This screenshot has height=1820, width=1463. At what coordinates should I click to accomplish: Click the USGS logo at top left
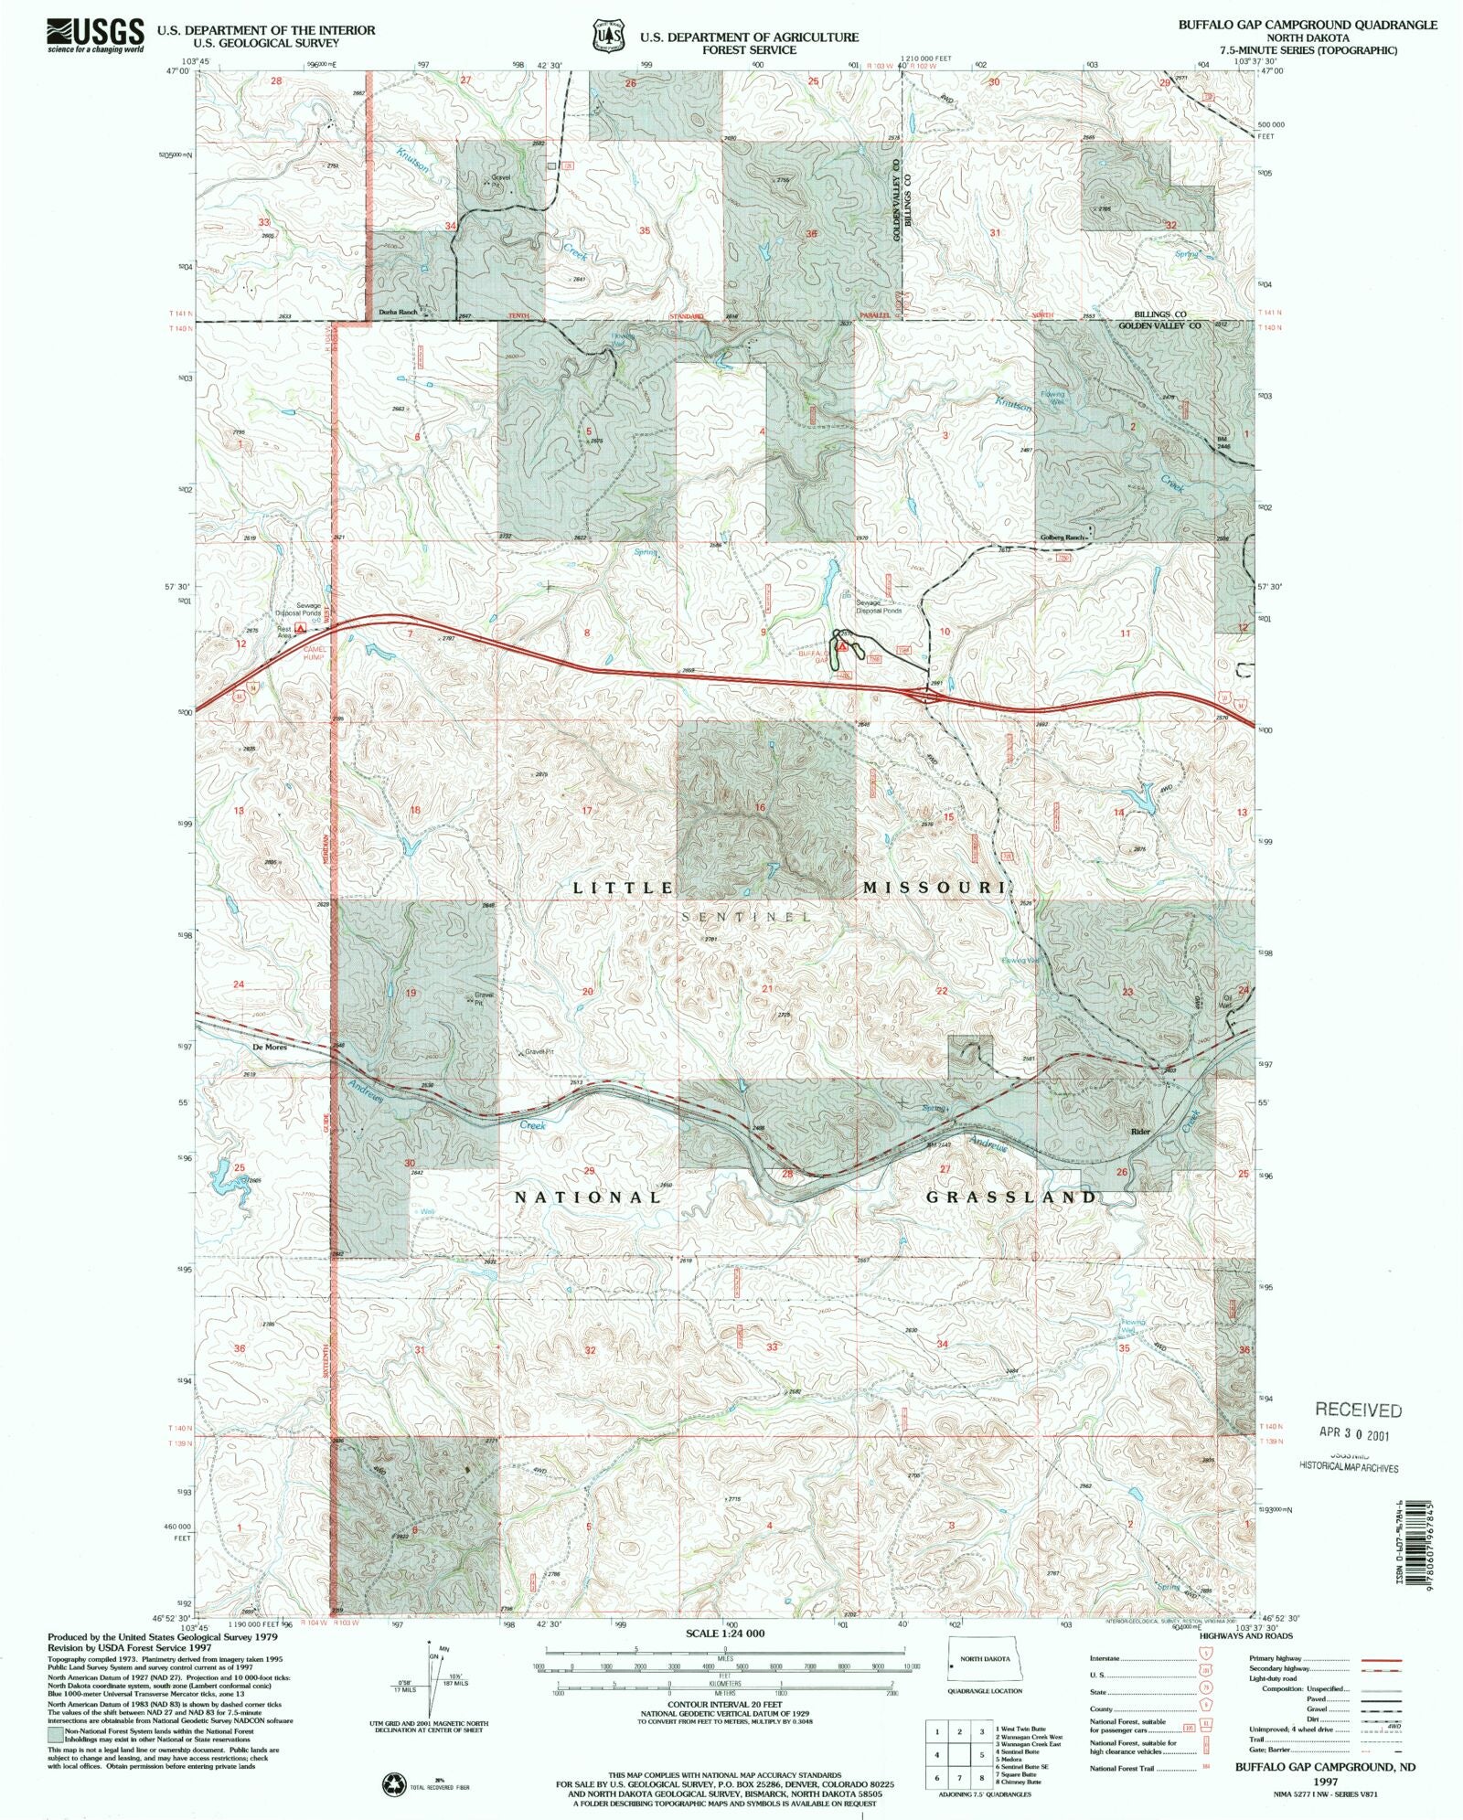pos(95,35)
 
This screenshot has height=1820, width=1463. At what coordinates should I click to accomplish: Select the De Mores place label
pos(270,1048)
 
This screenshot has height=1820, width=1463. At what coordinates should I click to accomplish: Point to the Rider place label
pos(1139,1132)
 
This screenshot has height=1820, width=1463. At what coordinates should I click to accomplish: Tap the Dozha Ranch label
pos(398,313)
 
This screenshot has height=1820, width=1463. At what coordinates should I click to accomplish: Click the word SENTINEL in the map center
pos(746,916)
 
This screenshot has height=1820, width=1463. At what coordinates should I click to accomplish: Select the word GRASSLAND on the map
pos(1011,1197)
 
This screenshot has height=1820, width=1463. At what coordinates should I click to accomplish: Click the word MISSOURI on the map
pos(934,888)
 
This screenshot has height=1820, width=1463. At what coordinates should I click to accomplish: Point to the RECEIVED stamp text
pos(1358,1410)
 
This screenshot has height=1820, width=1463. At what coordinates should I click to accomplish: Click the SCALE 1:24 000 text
pos(724,1633)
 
